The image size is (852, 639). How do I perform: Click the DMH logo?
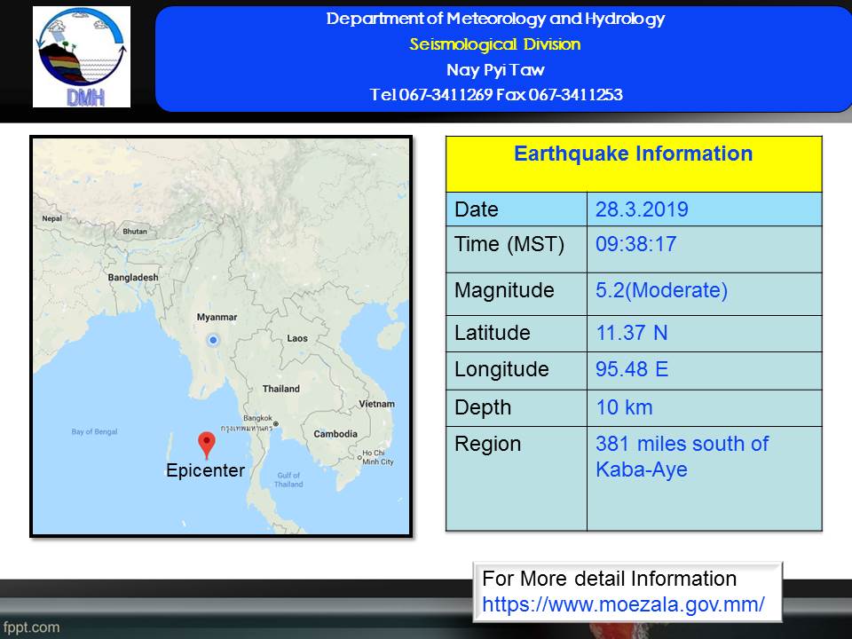tap(82, 57)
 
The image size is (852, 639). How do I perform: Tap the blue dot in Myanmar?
tap(213, 340)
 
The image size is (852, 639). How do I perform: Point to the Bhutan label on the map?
tap(135, 232)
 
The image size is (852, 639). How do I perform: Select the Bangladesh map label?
tap(133, 277)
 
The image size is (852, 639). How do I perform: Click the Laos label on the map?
tap(297, 338)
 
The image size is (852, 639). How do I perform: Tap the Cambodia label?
tap(335, 434)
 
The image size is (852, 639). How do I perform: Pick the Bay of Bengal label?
tap(95, 432)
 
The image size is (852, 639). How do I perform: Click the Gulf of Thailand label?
tap(288, 480)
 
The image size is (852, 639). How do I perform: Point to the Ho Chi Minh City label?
tap(378, 458)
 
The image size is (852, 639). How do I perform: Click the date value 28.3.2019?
tap(642, 209)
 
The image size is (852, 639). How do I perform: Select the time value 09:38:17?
tap(635, 244)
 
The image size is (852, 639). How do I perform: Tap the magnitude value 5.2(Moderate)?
tap(661, 290)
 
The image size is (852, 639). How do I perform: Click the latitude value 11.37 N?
tap(632, 333)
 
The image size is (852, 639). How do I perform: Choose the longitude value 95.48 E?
tap(632, 369)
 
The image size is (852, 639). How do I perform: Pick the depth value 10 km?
tap(624, 407)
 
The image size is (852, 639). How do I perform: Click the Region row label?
tap(487, 445)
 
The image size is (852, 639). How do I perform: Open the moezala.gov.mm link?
tap(623, 604)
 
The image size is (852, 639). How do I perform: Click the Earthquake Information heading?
tap(633, 154)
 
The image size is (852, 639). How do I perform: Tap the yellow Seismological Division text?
tap(495, 44)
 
